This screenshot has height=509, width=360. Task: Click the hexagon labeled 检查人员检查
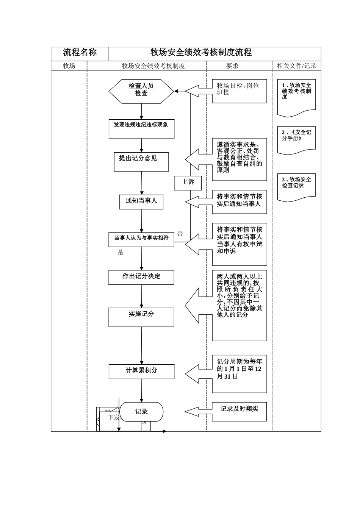(x=141, y=91)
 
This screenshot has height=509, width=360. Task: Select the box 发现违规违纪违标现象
(x=141, y=129)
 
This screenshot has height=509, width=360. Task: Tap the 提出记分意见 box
(x=141, y=162)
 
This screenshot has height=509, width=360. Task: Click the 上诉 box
(x=188, y=183)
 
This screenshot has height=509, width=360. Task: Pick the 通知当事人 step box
(x=141, y=201)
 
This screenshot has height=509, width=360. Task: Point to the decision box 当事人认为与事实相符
(x=141, y=239)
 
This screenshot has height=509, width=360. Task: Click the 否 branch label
(x=180, y=234)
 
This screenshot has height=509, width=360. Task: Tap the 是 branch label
(x=121, y=253)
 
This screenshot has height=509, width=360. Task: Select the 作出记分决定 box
(x=141, y=277)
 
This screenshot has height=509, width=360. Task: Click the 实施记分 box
(x=141, y=317)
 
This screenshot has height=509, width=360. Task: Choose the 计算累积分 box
(x=141, y=372)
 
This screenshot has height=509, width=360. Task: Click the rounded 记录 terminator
(x=141, y=412)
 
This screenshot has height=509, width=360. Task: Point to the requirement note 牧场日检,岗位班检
(x=239, y=91)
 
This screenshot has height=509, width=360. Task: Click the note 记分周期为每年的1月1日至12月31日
(x=239, y=374)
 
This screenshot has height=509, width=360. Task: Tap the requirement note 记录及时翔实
(x=239, y=411)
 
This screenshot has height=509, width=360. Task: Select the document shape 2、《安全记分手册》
(x=296, y=140)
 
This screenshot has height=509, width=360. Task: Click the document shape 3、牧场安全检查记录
(x=296, y=187)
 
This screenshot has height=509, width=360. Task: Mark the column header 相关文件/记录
(x=296, y=66)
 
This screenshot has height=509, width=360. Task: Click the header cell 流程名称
(x=80, y=53)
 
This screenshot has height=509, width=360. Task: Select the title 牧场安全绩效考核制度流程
(x=201, y=53)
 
